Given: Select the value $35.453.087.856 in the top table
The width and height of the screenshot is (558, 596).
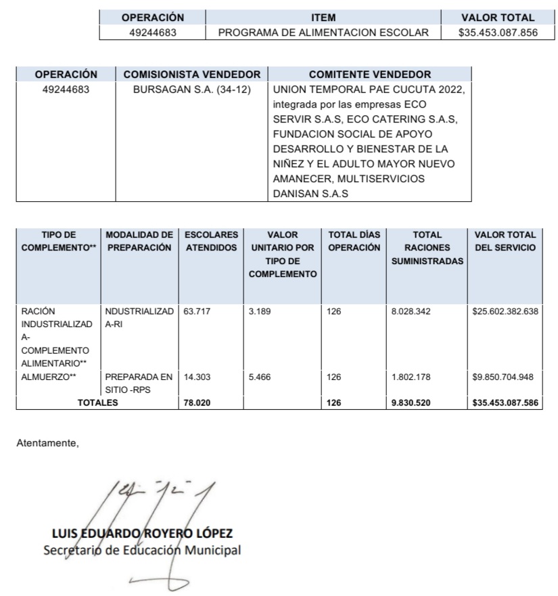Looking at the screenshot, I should click(497, 33).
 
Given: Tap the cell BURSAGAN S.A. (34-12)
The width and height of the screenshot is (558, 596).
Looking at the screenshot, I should click(191, 89).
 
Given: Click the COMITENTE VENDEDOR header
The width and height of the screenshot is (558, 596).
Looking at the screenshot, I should click(369, 74).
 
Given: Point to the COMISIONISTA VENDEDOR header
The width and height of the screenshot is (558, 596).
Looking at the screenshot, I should click(191, 74).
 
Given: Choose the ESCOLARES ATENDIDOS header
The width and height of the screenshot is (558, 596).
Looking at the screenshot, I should click(211, 241).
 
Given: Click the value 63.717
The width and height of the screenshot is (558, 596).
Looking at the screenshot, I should click(197, 312).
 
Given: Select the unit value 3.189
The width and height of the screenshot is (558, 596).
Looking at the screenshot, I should click(260, 312).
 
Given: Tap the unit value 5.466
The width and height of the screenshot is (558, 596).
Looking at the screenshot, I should click(260, 377).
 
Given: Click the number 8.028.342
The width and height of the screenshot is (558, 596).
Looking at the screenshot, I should click(411, 312).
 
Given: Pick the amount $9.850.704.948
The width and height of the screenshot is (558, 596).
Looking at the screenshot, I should click(504, 377).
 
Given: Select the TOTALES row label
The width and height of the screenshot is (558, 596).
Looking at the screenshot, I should click(97, 403).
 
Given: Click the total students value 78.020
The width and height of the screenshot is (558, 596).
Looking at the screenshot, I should click(197, 403).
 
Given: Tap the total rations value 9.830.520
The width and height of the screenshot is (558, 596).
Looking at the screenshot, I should click(411, 403).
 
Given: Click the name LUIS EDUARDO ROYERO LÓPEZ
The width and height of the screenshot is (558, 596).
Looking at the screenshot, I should click(142, 533).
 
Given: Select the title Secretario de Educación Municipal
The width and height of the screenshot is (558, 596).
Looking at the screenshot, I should click(141, 549).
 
